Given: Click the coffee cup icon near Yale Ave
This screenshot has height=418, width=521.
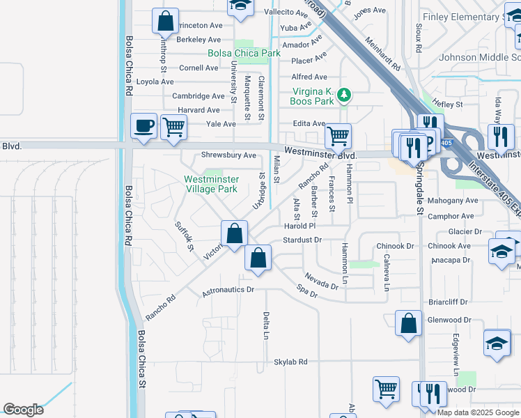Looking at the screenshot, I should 144,126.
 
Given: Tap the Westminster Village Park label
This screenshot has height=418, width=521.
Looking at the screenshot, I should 211,184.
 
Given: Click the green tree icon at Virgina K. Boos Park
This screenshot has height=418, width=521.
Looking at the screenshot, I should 343,95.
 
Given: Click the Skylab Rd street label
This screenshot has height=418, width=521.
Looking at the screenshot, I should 290,362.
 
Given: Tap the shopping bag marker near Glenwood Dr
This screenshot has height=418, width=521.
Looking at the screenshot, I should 408,323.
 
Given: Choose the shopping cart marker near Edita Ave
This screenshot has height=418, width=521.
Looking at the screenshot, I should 338,136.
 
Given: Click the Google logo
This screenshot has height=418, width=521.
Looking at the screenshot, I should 23,410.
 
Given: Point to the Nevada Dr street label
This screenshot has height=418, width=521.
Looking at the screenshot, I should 322,281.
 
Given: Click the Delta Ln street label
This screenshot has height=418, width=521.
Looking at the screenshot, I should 266,325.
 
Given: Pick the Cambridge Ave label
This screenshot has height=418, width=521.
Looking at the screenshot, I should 199,96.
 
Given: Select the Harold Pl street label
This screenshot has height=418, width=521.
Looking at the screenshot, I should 300,226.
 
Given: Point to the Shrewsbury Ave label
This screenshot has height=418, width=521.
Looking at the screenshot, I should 228,155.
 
